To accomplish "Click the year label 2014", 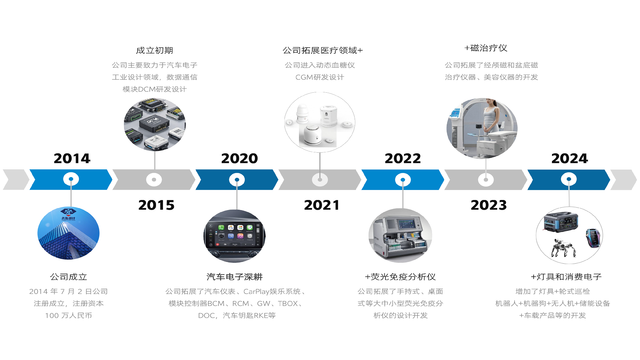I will [72, 158].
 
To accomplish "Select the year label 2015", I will [156, 205].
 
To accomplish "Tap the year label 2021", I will [322, 205].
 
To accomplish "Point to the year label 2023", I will [489, 205].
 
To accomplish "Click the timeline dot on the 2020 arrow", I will [237, 180].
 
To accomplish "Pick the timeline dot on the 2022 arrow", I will [403, 180].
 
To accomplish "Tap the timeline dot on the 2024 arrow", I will [569, 179].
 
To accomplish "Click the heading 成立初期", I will [154, 50].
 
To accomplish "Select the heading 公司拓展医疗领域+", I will [322, 50].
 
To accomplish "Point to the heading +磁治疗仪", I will [486, 48].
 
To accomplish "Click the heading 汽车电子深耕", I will [234, 277].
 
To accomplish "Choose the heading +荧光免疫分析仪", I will [400, 277].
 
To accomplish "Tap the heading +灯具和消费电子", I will [566, 277].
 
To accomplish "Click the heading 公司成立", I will [68, 277].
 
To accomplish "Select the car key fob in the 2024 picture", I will [592, 237].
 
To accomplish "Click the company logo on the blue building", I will [68, 214].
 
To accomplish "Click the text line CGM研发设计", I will [320, 77].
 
